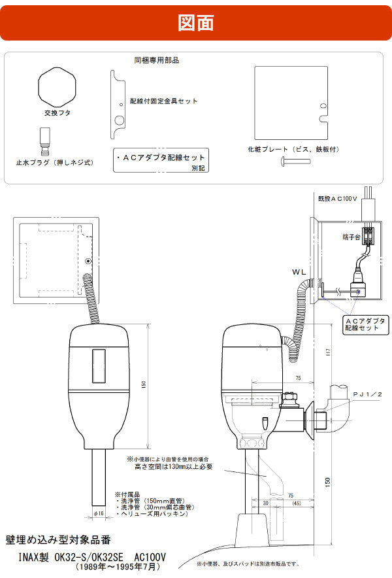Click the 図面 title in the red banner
pos(195,22)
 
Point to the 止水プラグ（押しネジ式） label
pos(55,161)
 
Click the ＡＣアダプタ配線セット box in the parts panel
pos(161,160)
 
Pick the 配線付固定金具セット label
pos(163,101)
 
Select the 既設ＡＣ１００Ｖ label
pos(337,197)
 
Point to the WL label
pos(300,271)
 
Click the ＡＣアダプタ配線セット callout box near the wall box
pos(362,324)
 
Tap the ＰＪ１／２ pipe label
pos(372,395)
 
